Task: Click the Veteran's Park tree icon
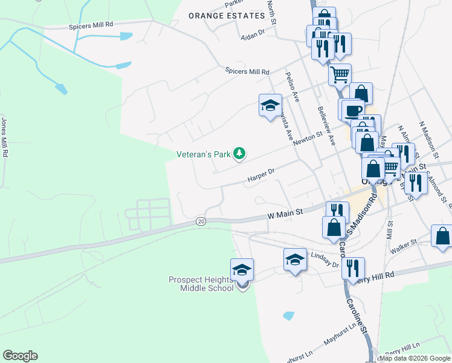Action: coord(240,154)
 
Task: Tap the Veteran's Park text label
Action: coord(204,155)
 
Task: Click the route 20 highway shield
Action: coord(201,222)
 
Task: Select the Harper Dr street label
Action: coord(261,175)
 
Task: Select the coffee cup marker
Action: coord(354,110)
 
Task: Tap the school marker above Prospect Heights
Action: coord(242,269)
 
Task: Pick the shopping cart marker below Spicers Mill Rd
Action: coord(340,75)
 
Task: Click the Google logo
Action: coord(20,356)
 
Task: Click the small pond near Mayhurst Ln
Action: coord(288,316)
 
